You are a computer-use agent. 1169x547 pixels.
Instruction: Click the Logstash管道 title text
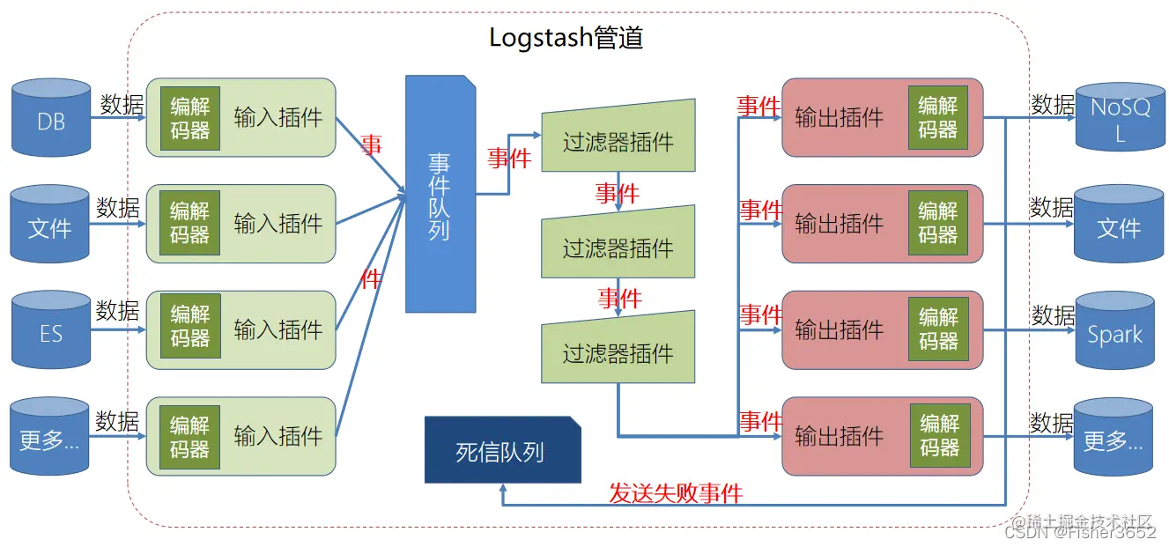click(x=566, y=38)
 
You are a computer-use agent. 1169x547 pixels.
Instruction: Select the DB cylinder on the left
click(x=51, y=119)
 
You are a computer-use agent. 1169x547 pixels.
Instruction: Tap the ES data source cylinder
click(x=51, y=331)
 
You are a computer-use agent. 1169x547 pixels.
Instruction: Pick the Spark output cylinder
click(x=1114, y=333)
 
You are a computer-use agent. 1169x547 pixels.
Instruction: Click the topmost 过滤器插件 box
click(x=618, y=139)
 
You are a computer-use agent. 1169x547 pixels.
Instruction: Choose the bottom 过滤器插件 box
click(x=618, y=352)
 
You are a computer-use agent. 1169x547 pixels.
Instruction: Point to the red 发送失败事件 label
click(x=676, y=493)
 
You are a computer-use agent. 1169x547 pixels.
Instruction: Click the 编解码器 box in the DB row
click(x=190, y=117)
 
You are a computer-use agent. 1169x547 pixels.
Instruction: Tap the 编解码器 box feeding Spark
click(x=938, y=328)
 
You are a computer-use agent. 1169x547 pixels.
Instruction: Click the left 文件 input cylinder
click(x=50, y=225)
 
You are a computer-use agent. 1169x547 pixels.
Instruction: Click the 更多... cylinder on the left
click(x=49, y=438)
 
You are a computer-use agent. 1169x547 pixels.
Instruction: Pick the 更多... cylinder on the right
click(x=1114, y=438)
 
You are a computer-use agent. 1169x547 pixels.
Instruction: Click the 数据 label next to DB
click(x=122, y=104)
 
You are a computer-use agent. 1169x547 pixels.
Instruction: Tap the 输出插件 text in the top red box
click(x=839, y=117)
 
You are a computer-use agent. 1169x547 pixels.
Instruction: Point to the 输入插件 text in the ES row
click(x=278, y=329)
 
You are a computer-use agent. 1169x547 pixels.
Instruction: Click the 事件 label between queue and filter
click(x=509, y=158)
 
